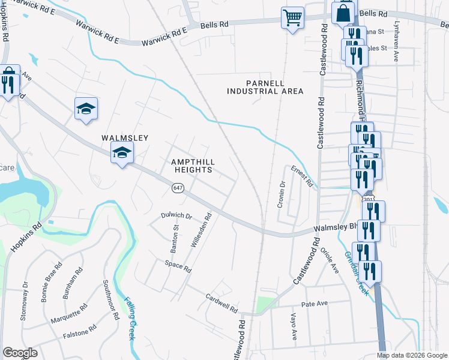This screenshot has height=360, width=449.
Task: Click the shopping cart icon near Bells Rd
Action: (292, 18)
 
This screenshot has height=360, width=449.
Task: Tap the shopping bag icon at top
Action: (344, 13)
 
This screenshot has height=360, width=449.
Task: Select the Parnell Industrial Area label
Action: (265, 87)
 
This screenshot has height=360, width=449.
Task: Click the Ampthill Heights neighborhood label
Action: (192, 166)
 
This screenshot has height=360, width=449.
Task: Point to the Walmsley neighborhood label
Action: (124, 138)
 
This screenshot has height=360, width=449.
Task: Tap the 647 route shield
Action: (178, 188)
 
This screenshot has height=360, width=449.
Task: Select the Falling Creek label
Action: (130, 319)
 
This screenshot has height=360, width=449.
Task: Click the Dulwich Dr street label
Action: (176, 215)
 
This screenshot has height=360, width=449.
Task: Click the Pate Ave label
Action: (315, 304)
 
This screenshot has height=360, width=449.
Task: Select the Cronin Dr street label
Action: (281, 195)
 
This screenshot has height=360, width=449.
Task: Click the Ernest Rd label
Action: (303, 176)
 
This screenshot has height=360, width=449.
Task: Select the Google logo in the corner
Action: (20, 353)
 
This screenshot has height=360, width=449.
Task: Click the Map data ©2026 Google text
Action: (412, 355)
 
